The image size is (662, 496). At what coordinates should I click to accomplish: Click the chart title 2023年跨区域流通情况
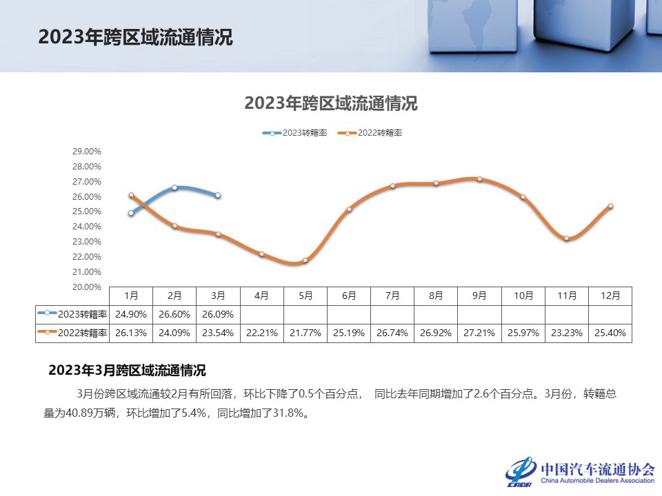(x=331, y=104)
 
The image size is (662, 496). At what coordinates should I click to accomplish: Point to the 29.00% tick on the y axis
(x=87, y=152)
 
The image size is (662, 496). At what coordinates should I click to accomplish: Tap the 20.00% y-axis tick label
(x=87, y=287)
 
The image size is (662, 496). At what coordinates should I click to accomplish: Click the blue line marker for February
(x=174, y=187)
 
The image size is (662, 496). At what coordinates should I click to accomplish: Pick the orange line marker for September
(x=479, y=179)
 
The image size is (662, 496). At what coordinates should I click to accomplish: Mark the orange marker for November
(x=566, y=238)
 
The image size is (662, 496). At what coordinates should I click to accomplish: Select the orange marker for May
(x=305, y=260)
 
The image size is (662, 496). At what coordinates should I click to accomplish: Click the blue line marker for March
(x=218, y=196)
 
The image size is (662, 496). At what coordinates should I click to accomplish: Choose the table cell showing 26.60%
(x=174, y=314)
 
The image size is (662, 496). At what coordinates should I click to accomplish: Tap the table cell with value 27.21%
(x=479, y=333)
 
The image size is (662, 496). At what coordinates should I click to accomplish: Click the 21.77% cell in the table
(x=305, y=333)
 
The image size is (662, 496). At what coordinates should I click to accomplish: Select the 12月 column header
(x=610, y=296)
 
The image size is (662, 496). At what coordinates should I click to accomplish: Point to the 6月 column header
(x=349, y=296)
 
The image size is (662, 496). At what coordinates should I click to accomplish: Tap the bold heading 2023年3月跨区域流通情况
(x=127, y=371)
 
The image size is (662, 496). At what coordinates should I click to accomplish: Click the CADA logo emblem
(x=521, y=471)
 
